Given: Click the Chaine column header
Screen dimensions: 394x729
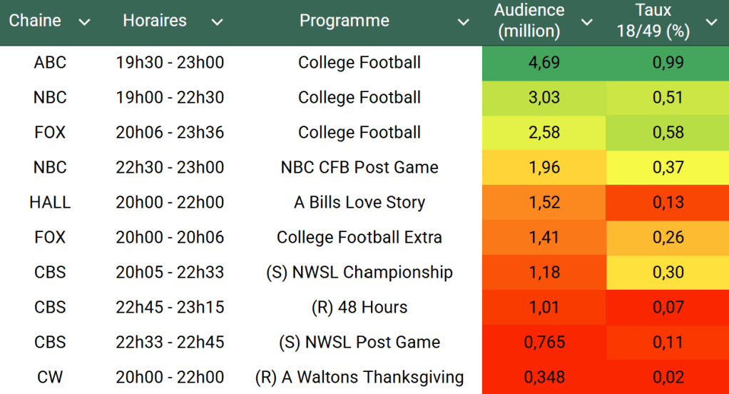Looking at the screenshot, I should click(x=35, y=21).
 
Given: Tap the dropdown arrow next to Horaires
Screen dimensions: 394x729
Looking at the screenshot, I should click(x=217, y=22).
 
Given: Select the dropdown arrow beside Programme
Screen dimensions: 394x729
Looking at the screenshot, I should click(x=463, y=22).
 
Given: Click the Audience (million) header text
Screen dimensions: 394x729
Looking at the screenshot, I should click(x=529, y=21).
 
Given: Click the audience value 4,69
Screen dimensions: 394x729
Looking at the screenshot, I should click(x=544, y=63).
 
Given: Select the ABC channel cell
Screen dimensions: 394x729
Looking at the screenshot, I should click(x=50, y=63).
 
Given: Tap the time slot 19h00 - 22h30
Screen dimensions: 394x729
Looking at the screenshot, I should click(x=170, y=98).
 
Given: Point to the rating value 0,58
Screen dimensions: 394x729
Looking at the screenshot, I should click(x=668, y=133).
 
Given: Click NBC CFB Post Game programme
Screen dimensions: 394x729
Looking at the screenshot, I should click(x=360, y=168).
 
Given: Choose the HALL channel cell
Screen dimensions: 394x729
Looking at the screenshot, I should click(x=50, y=203).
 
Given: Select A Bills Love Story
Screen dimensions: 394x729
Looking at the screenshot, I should click(x=360, y=203).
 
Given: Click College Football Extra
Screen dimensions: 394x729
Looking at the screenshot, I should click(x=360, y=238).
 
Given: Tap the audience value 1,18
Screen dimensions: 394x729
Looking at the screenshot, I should click(x=544, y=273).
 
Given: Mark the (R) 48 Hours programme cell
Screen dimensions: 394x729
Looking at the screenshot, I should click(x=360, y=308).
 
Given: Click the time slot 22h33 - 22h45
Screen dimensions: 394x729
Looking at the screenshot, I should click(x=170, y=343).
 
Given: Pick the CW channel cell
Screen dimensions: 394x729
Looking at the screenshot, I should click(x=50, y=378).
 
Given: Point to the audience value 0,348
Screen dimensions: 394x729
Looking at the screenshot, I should click(x=544, y=378).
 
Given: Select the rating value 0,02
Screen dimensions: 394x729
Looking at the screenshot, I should click(x=668, y=378).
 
